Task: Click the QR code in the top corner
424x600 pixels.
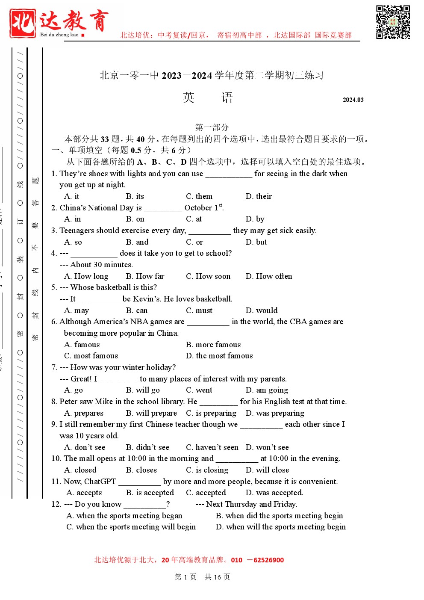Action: coord(393,22)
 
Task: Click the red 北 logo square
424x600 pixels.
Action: coord(23,23)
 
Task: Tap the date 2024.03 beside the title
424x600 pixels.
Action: coord(353,100)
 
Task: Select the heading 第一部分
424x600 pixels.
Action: coord(212,127)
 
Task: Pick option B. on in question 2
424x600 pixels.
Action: coord(135,219)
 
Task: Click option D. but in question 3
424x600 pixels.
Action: coord(256,242)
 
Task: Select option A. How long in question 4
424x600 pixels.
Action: coord(86,276)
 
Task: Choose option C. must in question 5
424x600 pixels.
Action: coord(199,310)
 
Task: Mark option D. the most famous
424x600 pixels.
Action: coord(219,356)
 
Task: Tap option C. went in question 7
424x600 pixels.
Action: coord(199,390)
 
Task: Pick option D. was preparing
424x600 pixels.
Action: coord(275,413)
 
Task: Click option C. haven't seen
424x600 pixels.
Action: coord(212,447)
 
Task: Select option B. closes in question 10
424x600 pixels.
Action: coord(141,470)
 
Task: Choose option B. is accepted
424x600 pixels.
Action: coord(150,493)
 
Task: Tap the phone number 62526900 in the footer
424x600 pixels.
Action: coord(268,560)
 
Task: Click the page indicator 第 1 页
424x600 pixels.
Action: coord(185,577)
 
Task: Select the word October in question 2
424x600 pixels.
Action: coord(198,208)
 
